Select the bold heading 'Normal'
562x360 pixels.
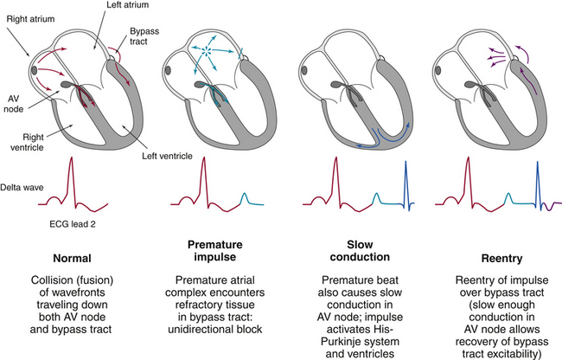click(x=76, y=259)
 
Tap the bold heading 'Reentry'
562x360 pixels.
click(x=492, y=258)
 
